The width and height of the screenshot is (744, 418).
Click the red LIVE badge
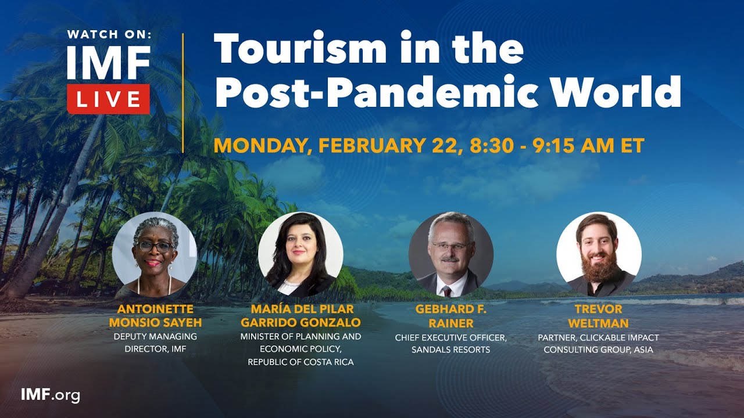click(109, 99)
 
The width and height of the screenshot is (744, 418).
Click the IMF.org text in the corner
click(50, 395)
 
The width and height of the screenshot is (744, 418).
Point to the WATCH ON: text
click(109, 34)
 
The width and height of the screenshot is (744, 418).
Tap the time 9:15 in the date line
click(546, 145)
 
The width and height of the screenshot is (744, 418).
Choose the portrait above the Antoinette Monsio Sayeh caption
click(154, 254)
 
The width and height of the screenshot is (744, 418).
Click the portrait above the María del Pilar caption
click(301, 254)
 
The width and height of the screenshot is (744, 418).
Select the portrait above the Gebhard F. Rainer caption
click(450, 254)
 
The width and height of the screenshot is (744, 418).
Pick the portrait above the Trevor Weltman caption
click(599, 254)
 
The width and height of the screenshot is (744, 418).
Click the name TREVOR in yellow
click(599, 309)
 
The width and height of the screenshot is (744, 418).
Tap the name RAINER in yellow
click(450, 322)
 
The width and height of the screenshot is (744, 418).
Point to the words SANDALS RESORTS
click(450, 349)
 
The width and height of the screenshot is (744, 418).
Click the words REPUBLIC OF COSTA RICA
click(301, 362)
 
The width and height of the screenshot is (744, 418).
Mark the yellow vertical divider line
click(183, 93)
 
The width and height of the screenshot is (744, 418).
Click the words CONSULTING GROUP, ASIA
click(599, 349)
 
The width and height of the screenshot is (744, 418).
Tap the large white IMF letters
click(109, 62)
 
